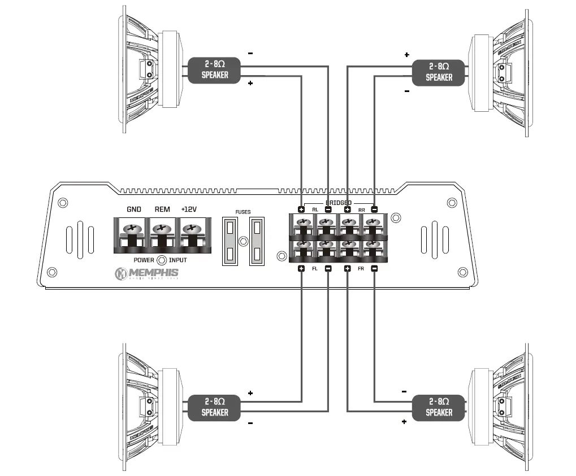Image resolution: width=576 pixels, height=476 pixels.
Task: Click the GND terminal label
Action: coord(134,209)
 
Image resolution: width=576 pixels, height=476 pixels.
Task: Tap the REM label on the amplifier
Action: coord(162,209)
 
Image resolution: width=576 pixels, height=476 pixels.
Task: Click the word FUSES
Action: coord(243,212)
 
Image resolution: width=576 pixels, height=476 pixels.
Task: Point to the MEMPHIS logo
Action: coord(146,274)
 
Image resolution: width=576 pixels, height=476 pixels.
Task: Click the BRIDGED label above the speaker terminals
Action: coord(338,203)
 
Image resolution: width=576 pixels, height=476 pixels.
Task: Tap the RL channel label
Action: coord(315,210)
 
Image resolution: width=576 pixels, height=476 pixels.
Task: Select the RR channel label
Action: coord(361,210)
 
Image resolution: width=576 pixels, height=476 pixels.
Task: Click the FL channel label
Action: coord(315,269)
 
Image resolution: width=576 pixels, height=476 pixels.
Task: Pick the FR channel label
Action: coord(361,269)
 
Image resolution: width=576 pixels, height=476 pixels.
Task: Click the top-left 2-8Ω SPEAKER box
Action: coord(215,70)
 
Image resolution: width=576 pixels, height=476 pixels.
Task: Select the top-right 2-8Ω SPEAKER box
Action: coord(439,72)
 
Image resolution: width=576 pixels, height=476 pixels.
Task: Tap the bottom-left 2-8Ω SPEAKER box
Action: coord(215,407)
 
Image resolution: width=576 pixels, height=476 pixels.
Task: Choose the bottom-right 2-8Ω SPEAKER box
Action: coord(439,407)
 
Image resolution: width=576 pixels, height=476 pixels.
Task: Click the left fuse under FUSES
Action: coord(230,242)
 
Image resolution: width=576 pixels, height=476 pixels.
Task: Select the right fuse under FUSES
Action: coord(257,242)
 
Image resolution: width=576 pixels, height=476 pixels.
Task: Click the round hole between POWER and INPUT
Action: coord(162,260)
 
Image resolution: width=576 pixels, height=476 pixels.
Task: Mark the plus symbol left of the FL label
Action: coord(301,269)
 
